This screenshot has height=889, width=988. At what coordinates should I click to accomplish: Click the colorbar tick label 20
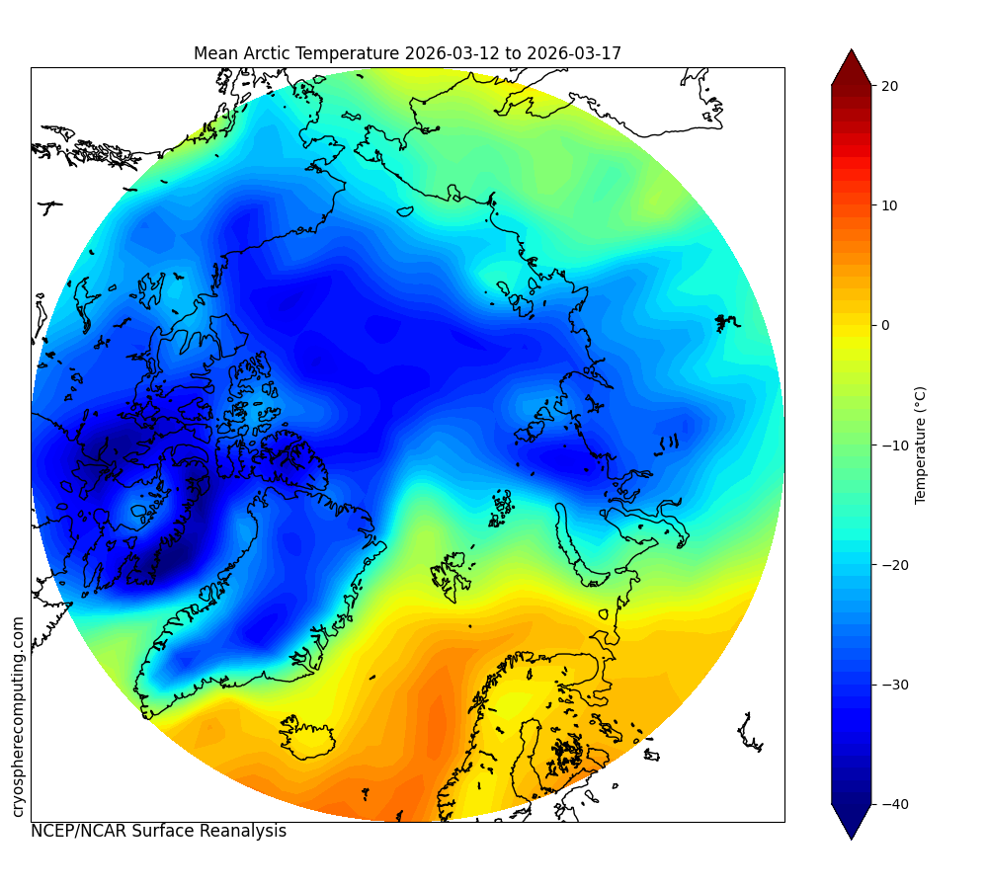(889, 86)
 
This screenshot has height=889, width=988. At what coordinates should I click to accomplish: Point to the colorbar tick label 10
(889, 206)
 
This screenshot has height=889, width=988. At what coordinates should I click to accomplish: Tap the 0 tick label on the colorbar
(885, 326)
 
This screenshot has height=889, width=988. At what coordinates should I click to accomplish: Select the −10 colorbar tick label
(895, 445)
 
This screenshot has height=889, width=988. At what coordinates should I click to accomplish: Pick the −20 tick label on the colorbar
(895, 565)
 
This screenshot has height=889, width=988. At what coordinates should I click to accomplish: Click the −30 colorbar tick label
(895, 685)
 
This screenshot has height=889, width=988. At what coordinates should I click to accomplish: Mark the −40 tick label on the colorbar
(895, 805)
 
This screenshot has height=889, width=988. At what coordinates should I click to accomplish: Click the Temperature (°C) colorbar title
(921, 444)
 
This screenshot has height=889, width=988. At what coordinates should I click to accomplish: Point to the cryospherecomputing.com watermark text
(18, 717)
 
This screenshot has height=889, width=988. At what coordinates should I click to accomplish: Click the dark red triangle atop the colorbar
(852, 67)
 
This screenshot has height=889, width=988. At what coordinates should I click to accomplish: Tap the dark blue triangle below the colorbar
(852, 822)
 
